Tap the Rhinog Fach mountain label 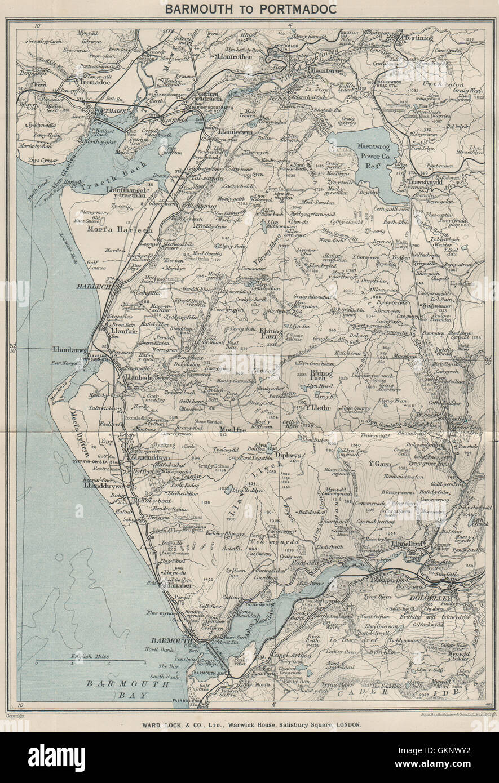(319, 376)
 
